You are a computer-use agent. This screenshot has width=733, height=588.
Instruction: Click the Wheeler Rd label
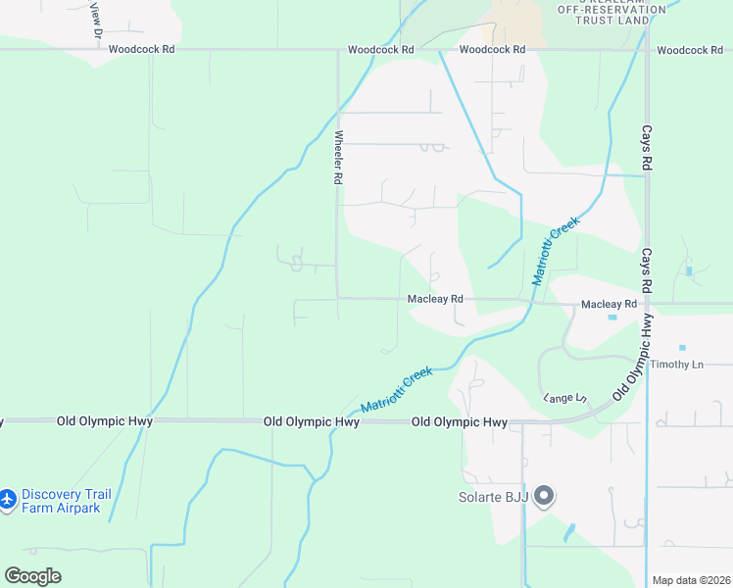[x=339, y=158]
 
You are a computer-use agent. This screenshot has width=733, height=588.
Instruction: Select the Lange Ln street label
[x=564, y=398]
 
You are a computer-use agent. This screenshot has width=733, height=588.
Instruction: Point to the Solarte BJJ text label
[x=493, y=497]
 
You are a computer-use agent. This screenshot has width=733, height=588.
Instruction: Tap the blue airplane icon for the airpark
[x=8, y=500]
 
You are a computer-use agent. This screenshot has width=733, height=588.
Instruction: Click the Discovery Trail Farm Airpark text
[x=61, y=501]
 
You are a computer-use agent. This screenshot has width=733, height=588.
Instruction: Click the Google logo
[x=32, y=576]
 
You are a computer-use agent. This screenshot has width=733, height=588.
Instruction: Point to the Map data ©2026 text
[x=690, y=580]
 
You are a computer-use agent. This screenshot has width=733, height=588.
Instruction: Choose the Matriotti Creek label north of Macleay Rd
[x=556, y=250]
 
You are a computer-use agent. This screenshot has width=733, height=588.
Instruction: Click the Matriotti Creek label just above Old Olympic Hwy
[x=396, y=390]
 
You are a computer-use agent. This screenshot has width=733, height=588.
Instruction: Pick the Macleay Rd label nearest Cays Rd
[x=609, y=305]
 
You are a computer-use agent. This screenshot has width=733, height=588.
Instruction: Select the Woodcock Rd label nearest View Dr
[x=141, y=49]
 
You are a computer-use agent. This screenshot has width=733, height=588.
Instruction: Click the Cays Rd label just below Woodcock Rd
[x=646, y=149]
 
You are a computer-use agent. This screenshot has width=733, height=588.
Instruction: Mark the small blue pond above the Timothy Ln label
[x=682, y=347]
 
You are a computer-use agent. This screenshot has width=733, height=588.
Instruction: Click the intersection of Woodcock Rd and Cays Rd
[x=647, y=49]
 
